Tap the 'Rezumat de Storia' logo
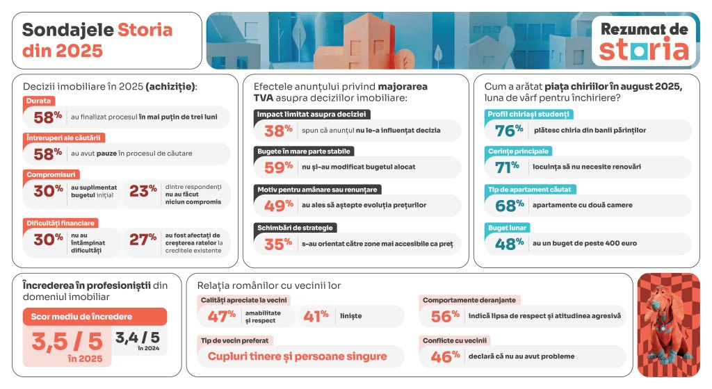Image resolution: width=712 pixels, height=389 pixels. [645, 41]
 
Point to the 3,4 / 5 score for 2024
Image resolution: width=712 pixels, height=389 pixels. [140, 338]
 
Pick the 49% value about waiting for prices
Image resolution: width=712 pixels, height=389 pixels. [278, 205]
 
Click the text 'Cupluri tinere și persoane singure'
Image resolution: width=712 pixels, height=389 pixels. [297, 356]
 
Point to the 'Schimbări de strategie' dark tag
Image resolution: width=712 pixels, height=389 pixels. [296, 228]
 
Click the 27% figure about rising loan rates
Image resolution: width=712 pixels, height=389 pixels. [143, 240]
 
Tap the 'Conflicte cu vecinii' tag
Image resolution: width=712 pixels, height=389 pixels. [455, 340]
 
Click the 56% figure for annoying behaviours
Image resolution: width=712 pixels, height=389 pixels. [446, 316]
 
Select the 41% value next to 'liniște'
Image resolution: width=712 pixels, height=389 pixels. [316, 316]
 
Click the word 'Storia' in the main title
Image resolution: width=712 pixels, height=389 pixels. [145, 30]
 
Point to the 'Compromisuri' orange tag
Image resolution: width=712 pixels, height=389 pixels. [52, 174]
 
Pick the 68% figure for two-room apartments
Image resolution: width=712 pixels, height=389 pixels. [509, 205]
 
